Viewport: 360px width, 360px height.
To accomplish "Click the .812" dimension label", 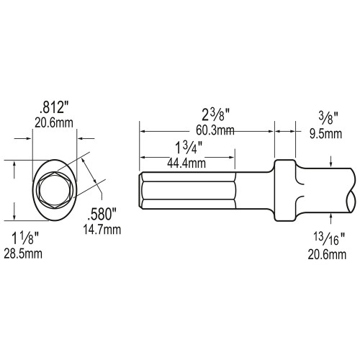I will click(x=55, y=110).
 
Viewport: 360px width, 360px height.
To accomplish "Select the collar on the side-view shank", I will click(x=285, y=190).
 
